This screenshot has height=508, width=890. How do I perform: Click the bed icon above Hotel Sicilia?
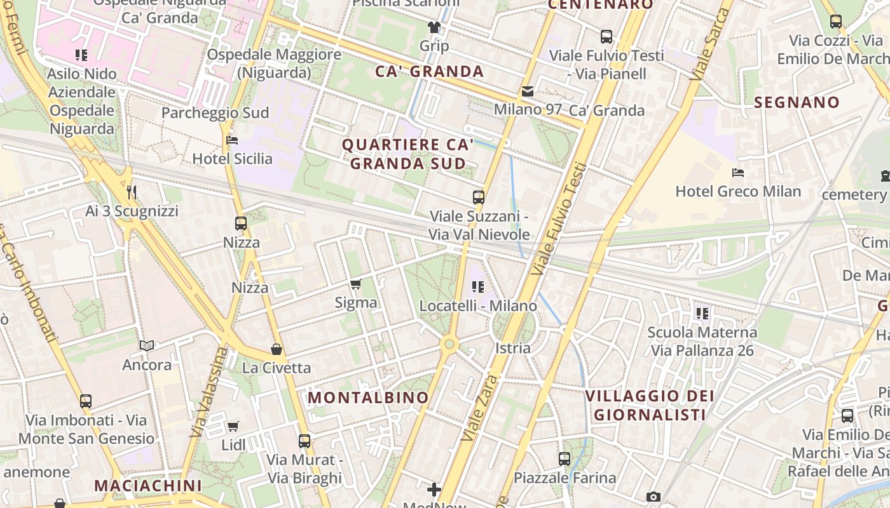[232, 140]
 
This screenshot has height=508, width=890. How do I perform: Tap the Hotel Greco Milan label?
[738, 191]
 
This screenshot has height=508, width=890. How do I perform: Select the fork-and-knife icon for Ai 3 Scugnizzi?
[132, 192]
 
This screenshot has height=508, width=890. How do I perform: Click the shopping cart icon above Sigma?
[356, 284]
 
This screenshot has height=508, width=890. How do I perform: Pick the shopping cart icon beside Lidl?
[233, 426]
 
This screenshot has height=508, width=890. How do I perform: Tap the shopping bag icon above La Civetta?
[277, 349]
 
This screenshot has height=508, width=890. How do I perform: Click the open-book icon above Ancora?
[147, 346]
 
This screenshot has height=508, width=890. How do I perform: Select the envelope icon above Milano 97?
[528, 91]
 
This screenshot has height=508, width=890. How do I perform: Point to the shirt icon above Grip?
[434, 27]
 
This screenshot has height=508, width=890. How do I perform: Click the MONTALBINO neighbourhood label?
[369, 398]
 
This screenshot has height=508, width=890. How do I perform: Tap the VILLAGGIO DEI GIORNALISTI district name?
[650, 405]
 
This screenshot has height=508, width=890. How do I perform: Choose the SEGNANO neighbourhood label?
[797, 102]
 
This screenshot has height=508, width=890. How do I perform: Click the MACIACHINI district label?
[148, 486]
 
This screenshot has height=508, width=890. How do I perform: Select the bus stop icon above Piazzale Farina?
[564, 459]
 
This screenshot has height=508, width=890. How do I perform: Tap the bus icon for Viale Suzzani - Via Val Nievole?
[479, 197]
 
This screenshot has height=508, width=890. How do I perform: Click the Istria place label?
[512, 347]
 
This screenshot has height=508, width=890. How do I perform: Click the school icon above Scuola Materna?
[702, 313]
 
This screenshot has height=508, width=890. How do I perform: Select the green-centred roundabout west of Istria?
[449, 344]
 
